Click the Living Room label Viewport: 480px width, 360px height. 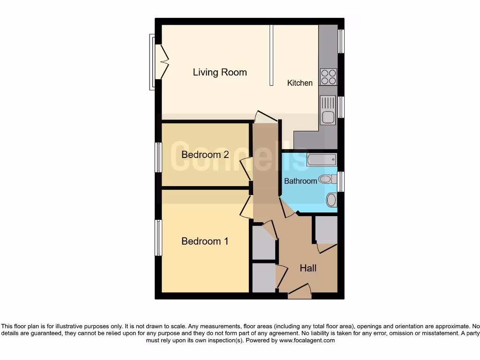(220, 72)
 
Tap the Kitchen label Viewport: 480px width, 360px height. (300, 83)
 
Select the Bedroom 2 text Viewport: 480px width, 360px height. (205, 155)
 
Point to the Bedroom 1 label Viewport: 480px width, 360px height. (205, 241)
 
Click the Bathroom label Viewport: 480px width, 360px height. (300, 181)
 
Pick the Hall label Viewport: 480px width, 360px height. (308, 268)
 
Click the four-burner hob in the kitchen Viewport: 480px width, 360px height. (328, 77)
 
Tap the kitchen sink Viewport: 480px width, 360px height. (328, 109)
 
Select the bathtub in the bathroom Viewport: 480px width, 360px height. (322, 160)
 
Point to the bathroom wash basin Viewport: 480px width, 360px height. (331, 201)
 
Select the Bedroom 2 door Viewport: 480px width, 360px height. (247, 168)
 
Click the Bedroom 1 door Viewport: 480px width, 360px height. (247, 207)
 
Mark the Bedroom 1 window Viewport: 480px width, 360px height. (158, 238)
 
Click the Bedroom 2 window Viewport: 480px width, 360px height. (158, 157)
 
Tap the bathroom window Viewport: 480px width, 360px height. (341, 182)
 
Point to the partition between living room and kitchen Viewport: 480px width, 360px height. (271, 55)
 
